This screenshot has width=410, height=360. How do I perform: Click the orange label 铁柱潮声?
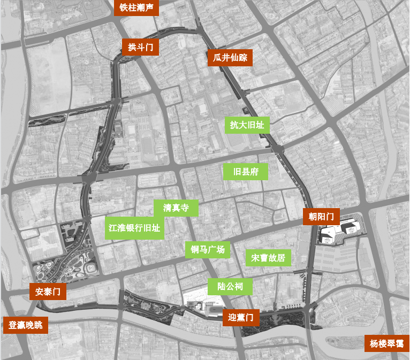136,8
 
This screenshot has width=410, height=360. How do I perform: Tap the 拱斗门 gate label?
140,47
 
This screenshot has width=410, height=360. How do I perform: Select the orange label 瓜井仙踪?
230,58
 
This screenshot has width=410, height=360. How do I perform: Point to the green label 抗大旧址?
247,125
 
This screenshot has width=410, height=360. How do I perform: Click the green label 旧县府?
246,172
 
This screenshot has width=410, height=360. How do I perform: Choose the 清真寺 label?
176,208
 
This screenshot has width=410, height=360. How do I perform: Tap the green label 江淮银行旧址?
134,228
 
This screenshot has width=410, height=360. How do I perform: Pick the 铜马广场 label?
207,250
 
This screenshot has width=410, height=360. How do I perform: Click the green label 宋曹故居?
268,257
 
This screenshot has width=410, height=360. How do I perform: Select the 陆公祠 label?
230,287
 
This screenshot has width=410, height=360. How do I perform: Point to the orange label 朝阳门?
321,217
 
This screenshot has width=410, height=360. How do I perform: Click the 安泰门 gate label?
48,292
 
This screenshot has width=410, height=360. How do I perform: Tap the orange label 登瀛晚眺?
26,325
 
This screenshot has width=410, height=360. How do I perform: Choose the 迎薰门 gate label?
241,317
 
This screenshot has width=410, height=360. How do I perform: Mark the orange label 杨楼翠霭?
386,343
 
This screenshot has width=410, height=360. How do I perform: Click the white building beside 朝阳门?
340,232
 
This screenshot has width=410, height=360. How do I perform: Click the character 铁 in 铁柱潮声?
124,8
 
